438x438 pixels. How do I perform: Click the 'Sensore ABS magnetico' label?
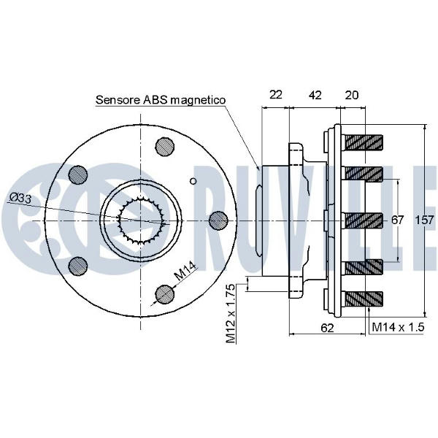pyautogui.click(x=161, y=100)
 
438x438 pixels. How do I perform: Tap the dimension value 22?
pyautogui.click(x=276, y=94)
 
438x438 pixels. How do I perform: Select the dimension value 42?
pyautogui.click(x=315, y=94)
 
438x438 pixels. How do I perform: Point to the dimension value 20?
pyautogui.click(x=352, y=94)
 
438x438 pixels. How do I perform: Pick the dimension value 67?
pyautogui.click(x=397, y=220)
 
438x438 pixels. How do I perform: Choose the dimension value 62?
pyautogui.click(x=327, y=328)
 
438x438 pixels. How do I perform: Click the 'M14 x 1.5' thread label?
pyautogui.click(x=397, y=328)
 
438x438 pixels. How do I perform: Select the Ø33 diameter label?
pyautogui.click(x=21, y=198)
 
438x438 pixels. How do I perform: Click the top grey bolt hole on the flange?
pyautogui.click(x=165, y=146)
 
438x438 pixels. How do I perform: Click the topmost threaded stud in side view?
pyautogui.click(x=363, y=141)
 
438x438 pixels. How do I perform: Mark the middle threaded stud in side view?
pyautogui.click(x=363, y=219)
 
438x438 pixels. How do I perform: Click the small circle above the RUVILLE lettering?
pyautogui.click(x=194, y=180)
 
